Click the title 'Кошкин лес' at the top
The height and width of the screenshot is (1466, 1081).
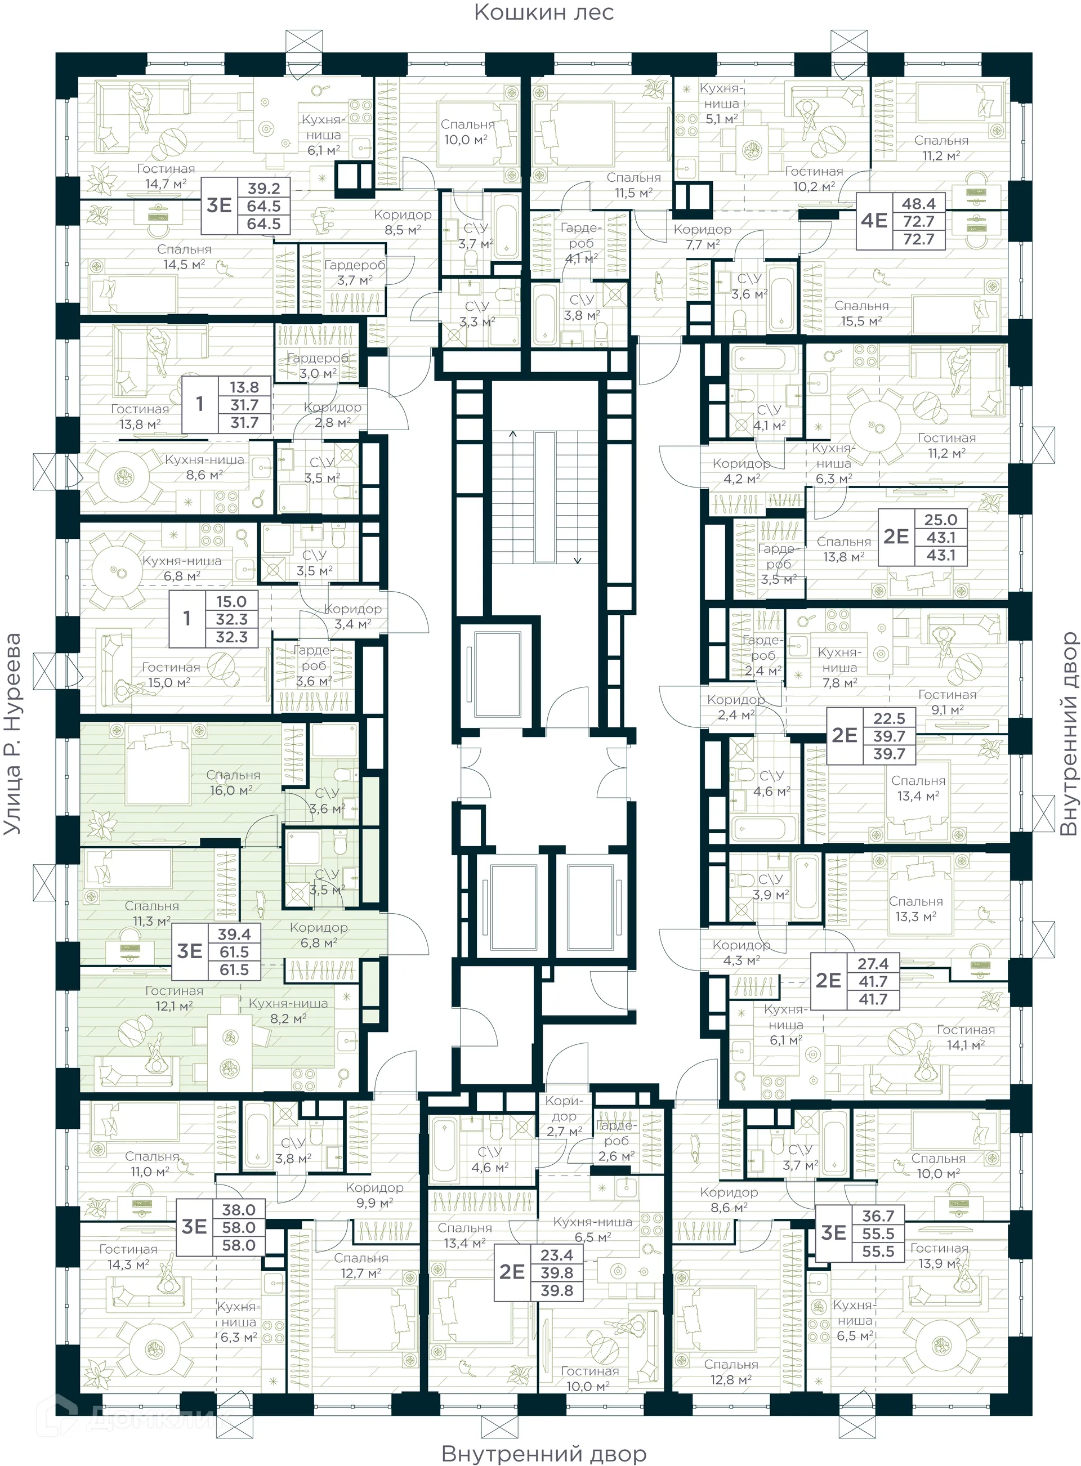[x=544, y=13]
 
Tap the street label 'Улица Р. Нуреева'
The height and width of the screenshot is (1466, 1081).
[x=13, y=734]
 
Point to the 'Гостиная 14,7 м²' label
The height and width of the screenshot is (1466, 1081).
[x=166, y=177]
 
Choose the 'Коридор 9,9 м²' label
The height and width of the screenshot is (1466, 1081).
[x=374, y=1195]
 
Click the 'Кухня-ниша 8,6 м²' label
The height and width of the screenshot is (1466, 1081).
[x=204, y=467]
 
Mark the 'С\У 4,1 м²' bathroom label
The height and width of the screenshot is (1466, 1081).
[x=769, y=417]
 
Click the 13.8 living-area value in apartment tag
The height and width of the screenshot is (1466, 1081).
[x=244, y=387]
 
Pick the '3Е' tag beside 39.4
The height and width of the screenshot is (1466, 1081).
[x=190, y=951]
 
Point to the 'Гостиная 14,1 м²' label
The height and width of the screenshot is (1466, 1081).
[x=965, y=1038]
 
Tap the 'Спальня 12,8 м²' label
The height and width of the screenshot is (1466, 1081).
[x=731, y=1372]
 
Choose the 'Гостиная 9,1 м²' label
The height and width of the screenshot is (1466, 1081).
[x=947, y=702]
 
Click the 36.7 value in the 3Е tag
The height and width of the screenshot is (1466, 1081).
[x=878, y=1216]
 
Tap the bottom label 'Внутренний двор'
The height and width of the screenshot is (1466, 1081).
[x=544, y=1454]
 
